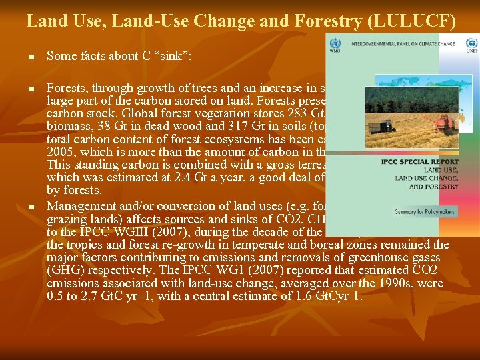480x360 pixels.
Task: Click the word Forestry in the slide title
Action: [x=326, y=21]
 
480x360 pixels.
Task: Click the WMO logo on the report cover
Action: [x=335, y=45]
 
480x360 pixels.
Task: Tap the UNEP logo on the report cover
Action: [x=469, y=44]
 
